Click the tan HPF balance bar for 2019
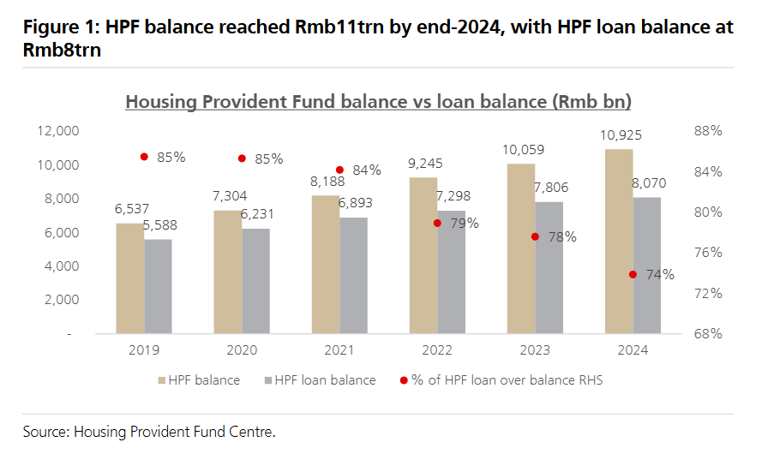130,278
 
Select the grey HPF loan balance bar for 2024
646,266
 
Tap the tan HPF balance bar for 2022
423,255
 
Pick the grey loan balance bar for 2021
353,276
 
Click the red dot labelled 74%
633,274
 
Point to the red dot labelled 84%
339,170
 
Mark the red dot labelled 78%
535,237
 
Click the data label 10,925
621,135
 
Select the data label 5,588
160,225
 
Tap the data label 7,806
551,188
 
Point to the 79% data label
465,224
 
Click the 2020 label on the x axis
242,350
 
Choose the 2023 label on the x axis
535,350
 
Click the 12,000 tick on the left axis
57,131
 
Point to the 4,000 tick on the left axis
62,266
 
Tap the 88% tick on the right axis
708,131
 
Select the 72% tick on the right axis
708,294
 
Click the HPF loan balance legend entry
321,380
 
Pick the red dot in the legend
404,380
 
